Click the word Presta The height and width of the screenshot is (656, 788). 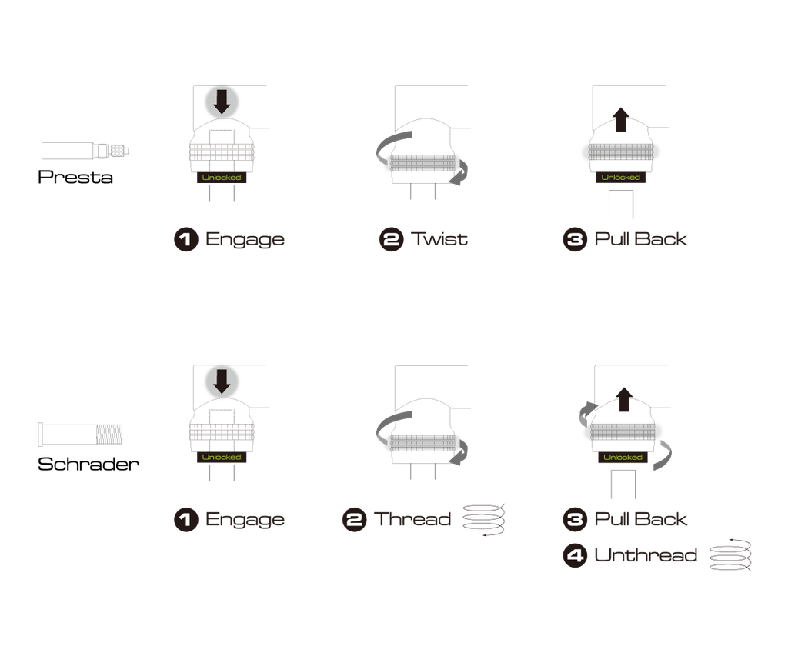tap(75, 177)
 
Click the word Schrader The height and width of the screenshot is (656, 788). tap(88, 464)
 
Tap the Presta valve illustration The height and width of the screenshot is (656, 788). tap(85, 150)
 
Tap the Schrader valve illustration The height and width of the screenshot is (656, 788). tap(80, 434)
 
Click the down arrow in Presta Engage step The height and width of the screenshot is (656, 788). tap(222, 102)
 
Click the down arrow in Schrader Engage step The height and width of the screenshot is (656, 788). tap(222, 381)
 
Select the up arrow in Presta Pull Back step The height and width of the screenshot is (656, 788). tap(621, 119)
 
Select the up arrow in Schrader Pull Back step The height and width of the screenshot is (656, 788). tap(624, 399)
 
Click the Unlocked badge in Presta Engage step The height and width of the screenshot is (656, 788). tap(222, 178)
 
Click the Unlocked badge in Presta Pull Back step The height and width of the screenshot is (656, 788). tap(621, 178)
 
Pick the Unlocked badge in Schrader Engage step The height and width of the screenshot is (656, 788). tap(222, 457)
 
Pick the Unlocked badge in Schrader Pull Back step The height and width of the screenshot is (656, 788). tap(623, 457)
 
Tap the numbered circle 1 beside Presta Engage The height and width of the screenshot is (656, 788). tap(186, 240)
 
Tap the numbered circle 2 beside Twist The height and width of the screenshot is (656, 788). tap(392, 240)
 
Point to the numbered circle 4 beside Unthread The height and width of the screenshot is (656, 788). tap(575, 555)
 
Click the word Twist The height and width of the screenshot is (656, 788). tap(439, 239)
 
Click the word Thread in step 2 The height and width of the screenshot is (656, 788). tap(412, 519)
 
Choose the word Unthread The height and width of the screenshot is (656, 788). tap(646, 555)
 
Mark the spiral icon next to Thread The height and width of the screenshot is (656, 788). tap(483, 520)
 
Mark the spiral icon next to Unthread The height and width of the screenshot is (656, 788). tap(730, 555)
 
